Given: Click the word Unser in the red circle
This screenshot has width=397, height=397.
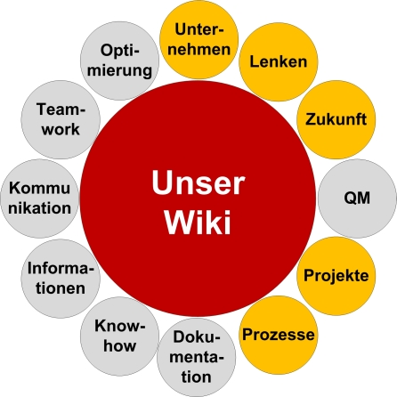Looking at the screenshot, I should [x=197, y=182].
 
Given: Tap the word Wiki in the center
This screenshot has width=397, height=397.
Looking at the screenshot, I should [x=197, y=220].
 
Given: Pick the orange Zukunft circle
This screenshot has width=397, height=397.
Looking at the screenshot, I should [x=335, y=119].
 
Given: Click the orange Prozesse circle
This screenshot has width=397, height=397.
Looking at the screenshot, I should [x=278, y=335].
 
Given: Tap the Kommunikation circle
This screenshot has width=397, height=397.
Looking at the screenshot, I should [x=39, y=197].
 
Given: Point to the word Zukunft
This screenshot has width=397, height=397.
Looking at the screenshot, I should [x=336, y=119].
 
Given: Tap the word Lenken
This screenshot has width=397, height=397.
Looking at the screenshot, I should [x=278, y=62].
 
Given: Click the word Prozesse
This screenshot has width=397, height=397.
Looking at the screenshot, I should [x=278, y=336].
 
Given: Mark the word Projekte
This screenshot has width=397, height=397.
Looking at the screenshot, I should [x=336, y=275].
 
